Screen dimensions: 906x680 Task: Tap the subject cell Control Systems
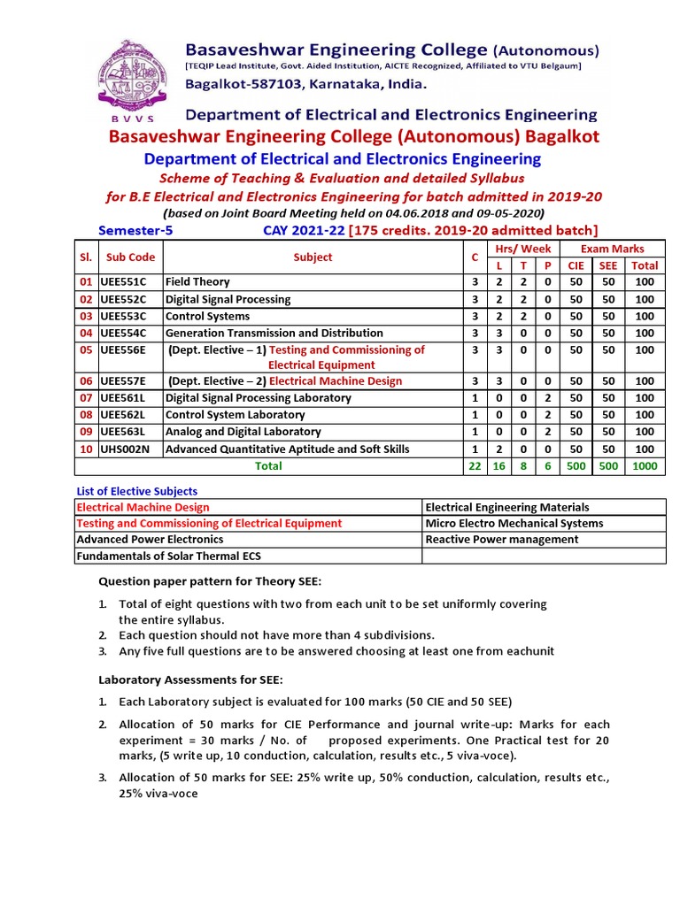tap(208, 317)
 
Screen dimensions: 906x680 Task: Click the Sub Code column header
tap(130, 257)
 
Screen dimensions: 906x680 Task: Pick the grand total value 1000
tap(645, 465)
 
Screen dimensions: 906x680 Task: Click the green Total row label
tap(268, 465)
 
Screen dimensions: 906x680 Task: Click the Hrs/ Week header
tap(522, 249)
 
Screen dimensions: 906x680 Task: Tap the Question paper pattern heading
tap(210, 580)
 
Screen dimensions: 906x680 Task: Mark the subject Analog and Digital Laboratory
tap(243, 432)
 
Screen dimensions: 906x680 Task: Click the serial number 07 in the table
tap(86, 398)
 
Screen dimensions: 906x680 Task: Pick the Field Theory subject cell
tap(197, 282)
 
